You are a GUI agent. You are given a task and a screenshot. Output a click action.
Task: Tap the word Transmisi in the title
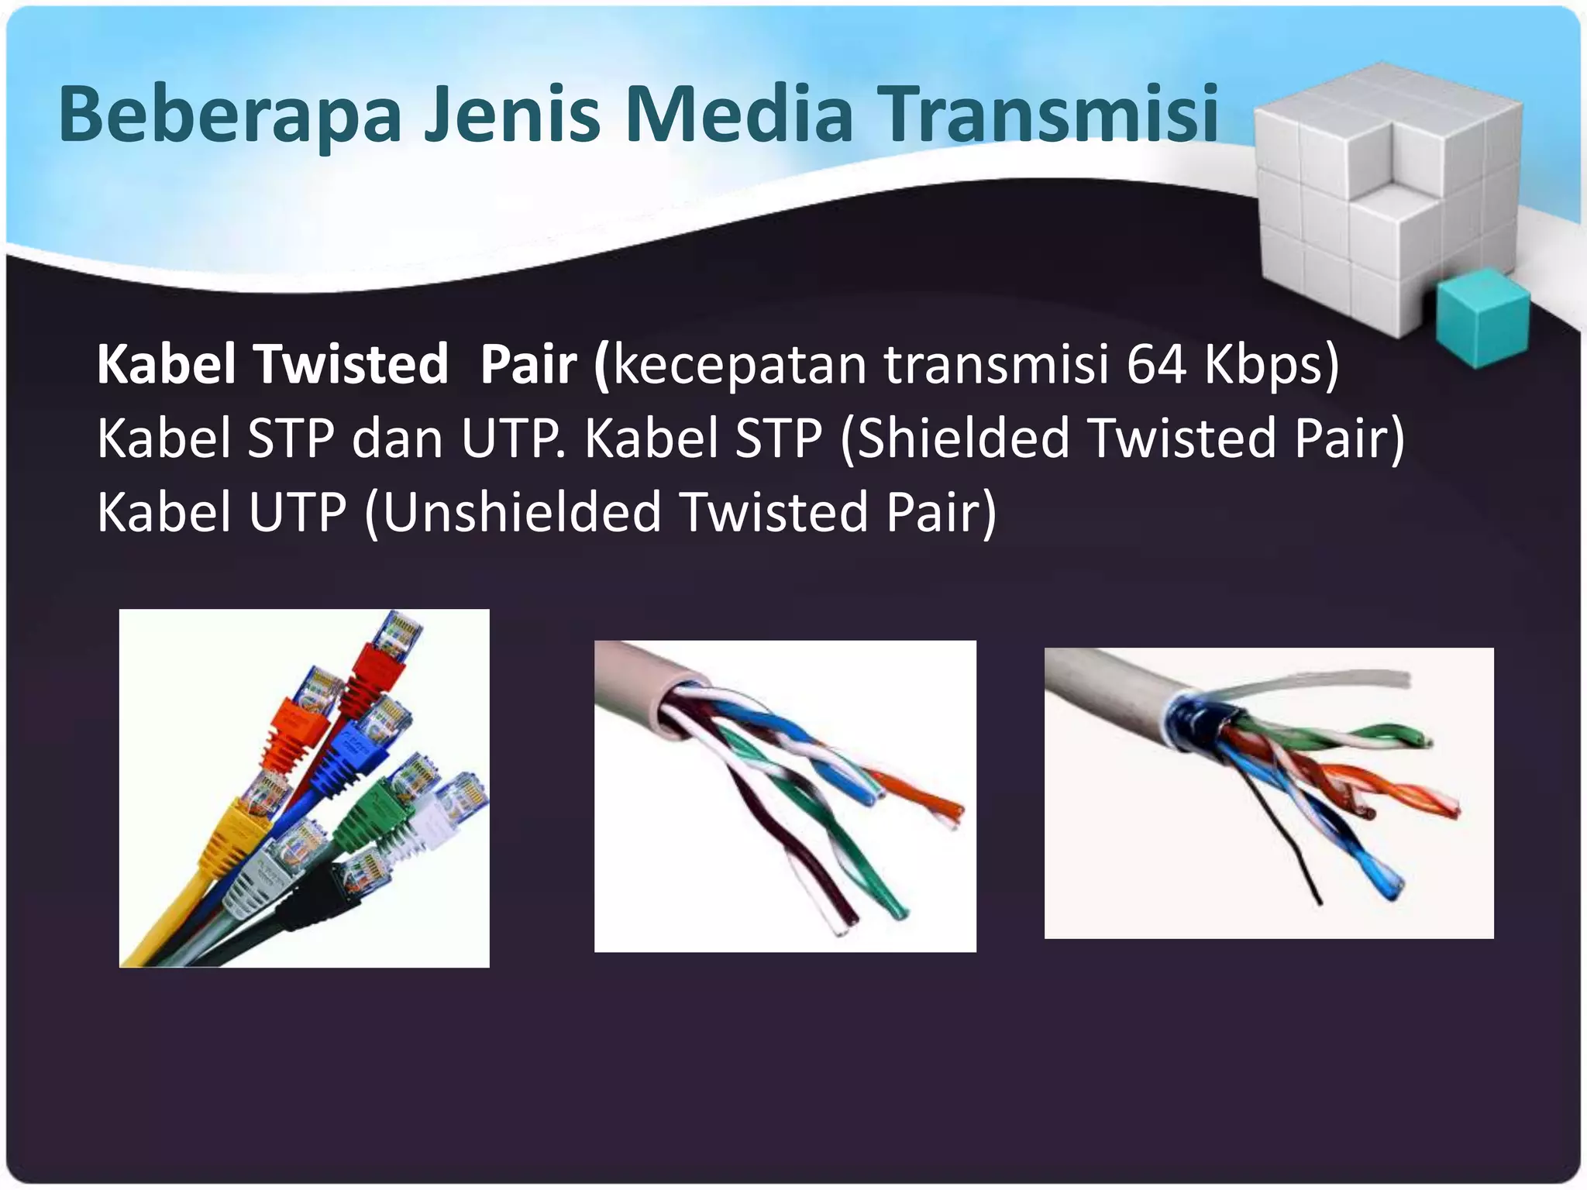point(1052,115)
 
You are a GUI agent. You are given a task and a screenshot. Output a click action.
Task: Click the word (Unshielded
point(511,513)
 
